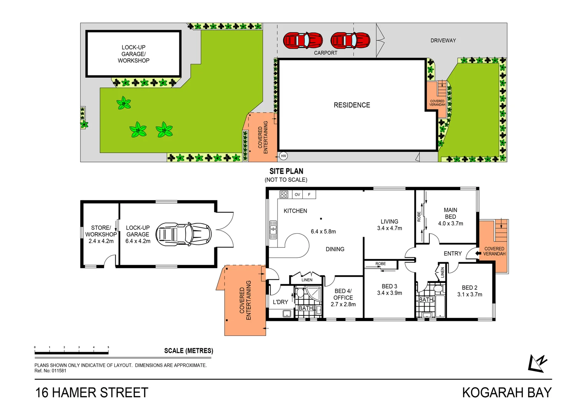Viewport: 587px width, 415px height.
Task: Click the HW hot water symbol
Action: pyautogui.click(x=283, y=156)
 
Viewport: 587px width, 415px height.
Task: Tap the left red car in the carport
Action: pyautogui.click(x=303, y=40)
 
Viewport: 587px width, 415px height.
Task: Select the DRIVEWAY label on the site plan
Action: pyautogui.click(x=443, y=40)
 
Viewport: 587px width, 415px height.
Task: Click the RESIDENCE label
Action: pyautogui.click(x=352, y=105)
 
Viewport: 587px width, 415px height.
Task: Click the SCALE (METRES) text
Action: pyautogui.click(x=189, y=351)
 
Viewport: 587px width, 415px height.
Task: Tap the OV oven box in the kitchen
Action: pyautogui.click(x=297, y=194)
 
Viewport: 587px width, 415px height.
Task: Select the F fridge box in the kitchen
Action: pyautogui.click(x=309, y=194)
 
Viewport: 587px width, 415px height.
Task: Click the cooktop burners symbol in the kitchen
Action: pyautogui.click(x=284, y=194)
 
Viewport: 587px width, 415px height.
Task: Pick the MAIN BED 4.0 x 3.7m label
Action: pyautogui.click(x=451, y=217)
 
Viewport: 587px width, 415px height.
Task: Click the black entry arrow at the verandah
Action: pyautogui.click(x=478, y=253)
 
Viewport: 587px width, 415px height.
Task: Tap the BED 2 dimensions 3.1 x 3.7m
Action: pyautogui.click(x=469, y=294)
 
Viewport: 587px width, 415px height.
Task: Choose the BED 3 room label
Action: pyautogui.click(x=390, y=286)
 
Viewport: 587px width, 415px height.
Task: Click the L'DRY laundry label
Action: pyautogui.click(x=280, y=302)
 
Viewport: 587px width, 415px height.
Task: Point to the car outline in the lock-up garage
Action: pyautogui.click(x=184, y=234)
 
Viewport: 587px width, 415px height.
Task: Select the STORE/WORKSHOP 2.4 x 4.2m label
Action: pyautogui.click(x=101, y=234)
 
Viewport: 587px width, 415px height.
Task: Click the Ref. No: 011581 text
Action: pyautogui.click(x=50, y=371)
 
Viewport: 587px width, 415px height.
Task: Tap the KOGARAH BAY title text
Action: pyautogui.click(x=507, y=393)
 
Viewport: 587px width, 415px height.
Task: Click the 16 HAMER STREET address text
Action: pyautogui.click(x=92, y=393)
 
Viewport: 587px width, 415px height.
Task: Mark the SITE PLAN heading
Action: pyautogui.click(x=286, y=171)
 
